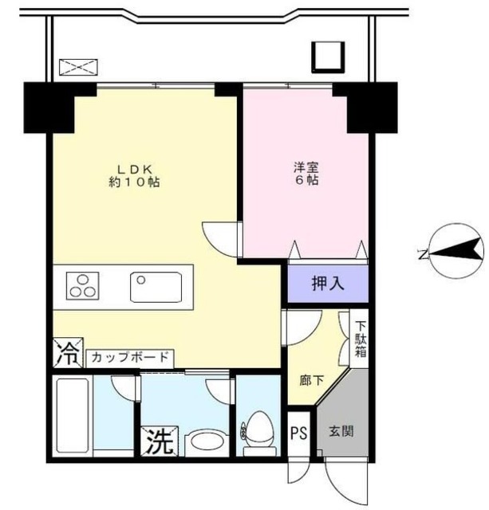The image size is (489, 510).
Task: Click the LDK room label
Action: tap(136, 168)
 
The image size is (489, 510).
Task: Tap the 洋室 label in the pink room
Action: tap(306, 167)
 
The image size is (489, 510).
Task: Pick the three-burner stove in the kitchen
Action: tap(80, 285)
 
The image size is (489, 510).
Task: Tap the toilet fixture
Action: tap(258, 429)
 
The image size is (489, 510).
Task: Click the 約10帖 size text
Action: tap(136, 182)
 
